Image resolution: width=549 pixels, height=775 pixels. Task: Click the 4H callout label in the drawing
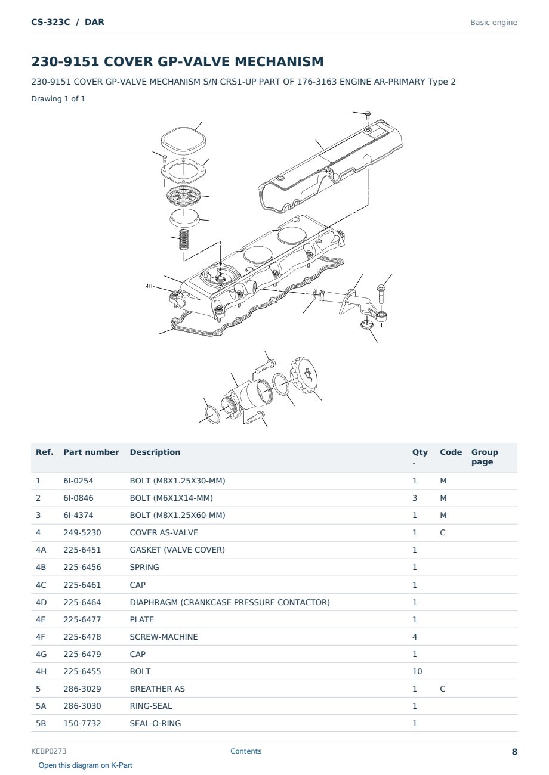149,286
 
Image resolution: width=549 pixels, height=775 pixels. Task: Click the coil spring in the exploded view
184,239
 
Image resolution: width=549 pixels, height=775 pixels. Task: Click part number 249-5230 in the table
82,532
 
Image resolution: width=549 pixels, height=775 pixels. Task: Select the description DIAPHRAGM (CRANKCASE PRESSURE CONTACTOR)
230,602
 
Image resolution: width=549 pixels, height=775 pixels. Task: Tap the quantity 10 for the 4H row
417,671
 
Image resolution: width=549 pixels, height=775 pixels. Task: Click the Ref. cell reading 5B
41,723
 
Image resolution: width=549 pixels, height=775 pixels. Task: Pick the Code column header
451,452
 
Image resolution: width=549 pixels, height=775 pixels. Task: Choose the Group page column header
485,457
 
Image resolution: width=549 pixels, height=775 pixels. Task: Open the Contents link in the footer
246,751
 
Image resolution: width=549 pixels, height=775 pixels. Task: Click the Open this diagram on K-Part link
85,765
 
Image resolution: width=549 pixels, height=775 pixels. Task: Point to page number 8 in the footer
514,752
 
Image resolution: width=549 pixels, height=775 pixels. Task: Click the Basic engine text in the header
494,23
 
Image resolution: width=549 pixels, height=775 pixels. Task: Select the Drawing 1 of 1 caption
58,98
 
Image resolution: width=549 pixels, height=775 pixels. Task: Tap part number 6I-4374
78,515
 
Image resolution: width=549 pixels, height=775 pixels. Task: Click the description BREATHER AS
158,689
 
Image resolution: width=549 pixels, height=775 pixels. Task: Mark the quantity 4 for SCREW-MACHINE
415,637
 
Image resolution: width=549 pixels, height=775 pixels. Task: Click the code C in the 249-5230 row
443,532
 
